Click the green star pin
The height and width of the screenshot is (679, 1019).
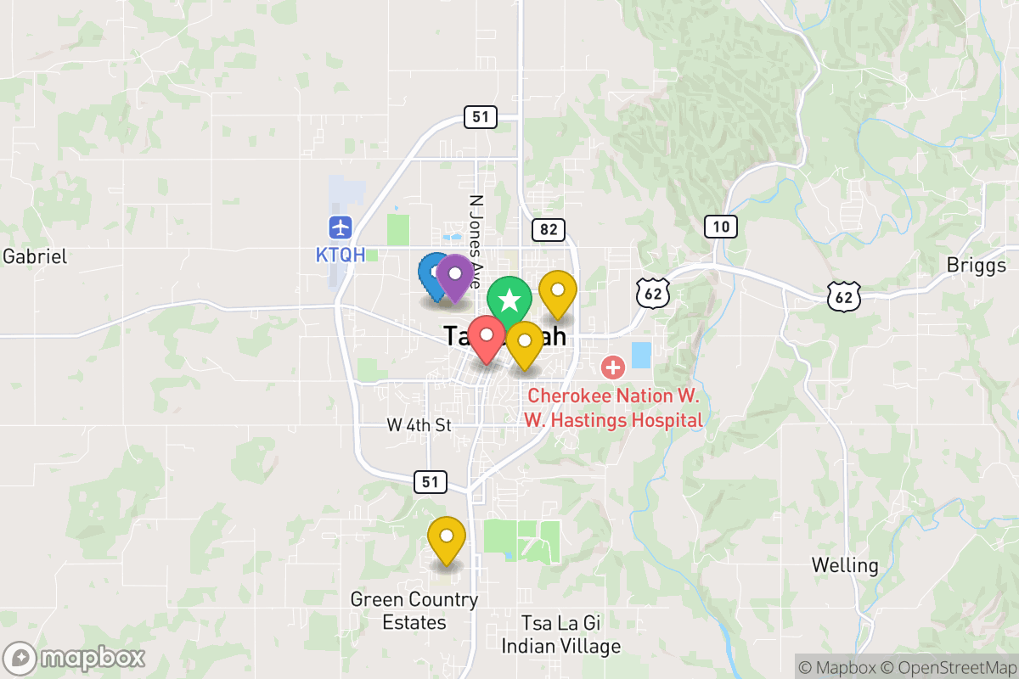pyautogui.click(x=509, y=300)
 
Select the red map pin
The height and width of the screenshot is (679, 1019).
pyautogui.click(x=487, y=338)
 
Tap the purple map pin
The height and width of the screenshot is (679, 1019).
pyautogui.click(x=455, y=276)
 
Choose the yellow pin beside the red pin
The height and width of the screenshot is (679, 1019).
pyautogui.click(x=525, y=344)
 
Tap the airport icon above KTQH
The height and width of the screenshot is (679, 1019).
pyautogui.click(x=341, y=227)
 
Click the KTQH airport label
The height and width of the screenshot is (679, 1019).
pyautogui.click(x=341, y=255)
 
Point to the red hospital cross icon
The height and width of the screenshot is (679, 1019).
pyautogui.click(x=612, y=368)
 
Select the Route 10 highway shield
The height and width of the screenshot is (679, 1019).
pyautogui.click(x=720, y=227)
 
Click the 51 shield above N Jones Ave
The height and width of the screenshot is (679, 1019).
pyautogui.click(x=481, y=116)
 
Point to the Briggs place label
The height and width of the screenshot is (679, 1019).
pyautogui.click(x=976, y=266)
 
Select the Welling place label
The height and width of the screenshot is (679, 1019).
pyautogui.click(x=844, y=564)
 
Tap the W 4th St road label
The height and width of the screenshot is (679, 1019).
pyautogui.click(x=419, y=425)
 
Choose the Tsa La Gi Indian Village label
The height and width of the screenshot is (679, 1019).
pyautogui.click(x=560, y=634)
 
